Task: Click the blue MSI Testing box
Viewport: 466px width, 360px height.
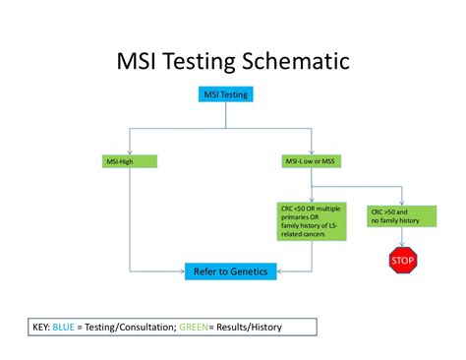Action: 226,95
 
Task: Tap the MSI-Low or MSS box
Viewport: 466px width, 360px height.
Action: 310,160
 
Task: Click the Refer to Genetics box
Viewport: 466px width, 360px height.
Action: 231,270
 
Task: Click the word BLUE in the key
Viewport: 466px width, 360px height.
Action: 66,325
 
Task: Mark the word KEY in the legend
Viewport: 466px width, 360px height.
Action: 38,325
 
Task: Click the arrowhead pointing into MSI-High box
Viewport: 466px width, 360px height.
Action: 130,150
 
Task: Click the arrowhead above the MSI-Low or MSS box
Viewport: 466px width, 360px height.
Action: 310,150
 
